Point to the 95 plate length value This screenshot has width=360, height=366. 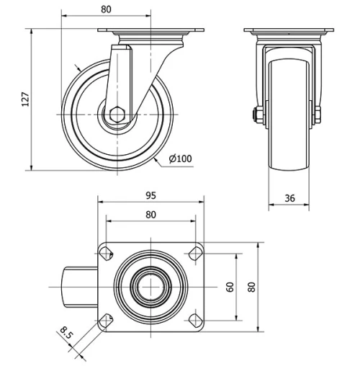tap(151, 195)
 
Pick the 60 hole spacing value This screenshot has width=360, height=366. tap(230, 287)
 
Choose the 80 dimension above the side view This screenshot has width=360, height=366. tap(106, 9)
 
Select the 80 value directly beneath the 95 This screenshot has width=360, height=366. tap(151, 214)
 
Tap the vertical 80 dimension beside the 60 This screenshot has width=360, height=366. tap(251, 287)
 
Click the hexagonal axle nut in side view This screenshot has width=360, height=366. tap(117, 115)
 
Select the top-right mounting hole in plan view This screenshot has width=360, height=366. tap(194, 253)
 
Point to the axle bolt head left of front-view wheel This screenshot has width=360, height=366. tap(256, 115)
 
